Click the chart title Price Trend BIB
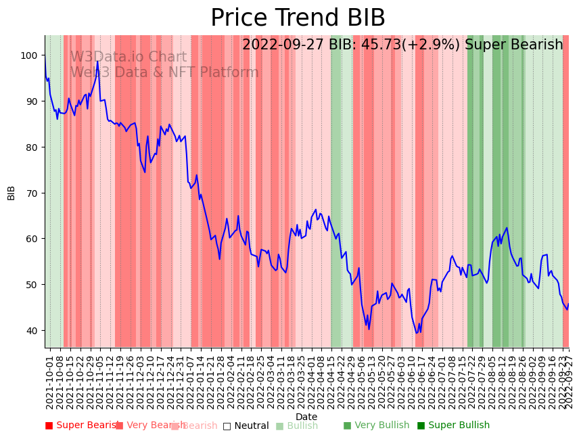(298, 18)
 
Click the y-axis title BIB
(11, 192)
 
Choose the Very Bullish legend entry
(376, 425)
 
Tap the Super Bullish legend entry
(453, 425)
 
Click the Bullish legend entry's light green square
(279, 425)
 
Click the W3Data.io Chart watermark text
(129, 57)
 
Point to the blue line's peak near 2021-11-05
(97, 62)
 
